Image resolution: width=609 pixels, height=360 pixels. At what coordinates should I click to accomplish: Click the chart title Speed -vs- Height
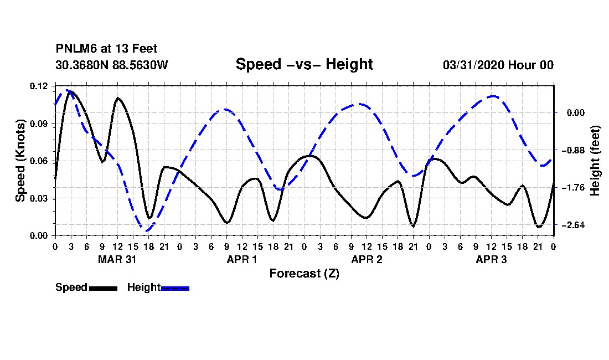point(304,64)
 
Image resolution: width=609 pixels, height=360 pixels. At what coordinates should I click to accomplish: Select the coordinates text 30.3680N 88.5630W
point(111,65)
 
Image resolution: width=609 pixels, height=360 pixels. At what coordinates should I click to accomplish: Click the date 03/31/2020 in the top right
point(473,65)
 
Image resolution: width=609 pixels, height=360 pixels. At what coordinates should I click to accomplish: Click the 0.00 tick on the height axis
point(576,113)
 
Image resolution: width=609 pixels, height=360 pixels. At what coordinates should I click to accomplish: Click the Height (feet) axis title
point(595,161)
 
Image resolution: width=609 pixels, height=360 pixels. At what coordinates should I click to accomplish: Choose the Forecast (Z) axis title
point(304,274)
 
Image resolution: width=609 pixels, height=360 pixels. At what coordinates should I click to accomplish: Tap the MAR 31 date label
point(117,259)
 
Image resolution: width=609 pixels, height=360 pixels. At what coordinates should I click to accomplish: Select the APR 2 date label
point(367,259)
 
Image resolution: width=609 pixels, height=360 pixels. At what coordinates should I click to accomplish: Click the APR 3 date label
point(491,259)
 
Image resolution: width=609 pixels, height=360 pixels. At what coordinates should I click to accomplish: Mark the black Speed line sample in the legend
point(104,288)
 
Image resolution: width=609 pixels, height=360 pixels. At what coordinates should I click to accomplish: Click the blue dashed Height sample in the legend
point(175,288)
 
